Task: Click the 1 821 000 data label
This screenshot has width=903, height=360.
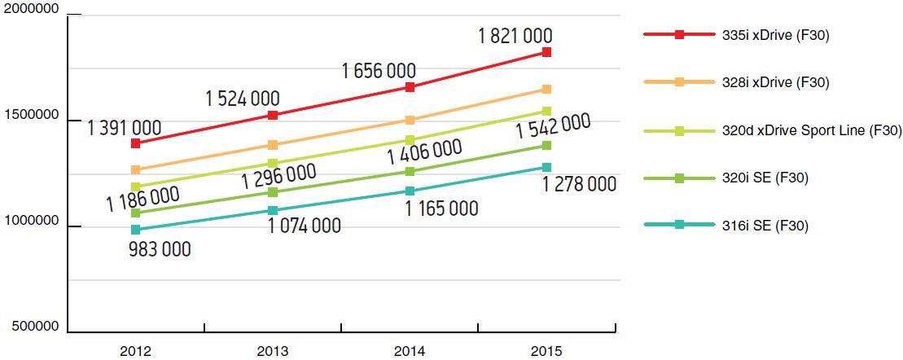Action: (x=515, y=36)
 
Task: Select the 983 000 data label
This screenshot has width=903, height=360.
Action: (x=160, y=249)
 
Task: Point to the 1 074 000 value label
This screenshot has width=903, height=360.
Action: (x=304, y=226)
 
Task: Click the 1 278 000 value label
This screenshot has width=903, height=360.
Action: (x=579, y=185)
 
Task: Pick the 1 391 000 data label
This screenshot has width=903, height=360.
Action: (x=124, y=127)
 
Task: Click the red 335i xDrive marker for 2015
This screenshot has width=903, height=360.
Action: (x=547, y=52)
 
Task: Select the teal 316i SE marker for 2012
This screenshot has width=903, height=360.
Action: (x=135, y=230)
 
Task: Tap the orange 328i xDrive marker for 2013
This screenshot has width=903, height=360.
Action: (x=273, y=145)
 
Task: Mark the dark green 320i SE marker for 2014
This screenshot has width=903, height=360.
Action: (x=410, y=171)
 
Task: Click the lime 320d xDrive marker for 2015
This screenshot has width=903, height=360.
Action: (x=547, y=111)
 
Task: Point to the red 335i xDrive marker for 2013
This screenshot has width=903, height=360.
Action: (x=273, y=115)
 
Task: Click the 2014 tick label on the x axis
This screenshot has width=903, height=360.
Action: (x=409, y=352)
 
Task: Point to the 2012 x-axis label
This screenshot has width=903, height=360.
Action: (x=135, y=352)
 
